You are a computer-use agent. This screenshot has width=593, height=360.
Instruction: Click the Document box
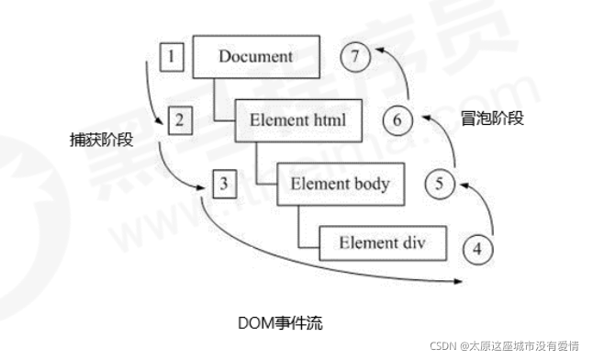(256, 56)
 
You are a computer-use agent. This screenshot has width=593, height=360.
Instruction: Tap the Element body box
(340, 184)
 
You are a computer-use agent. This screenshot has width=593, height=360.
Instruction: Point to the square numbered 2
(181, 120)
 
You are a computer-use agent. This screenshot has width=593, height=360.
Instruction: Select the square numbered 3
(224, 183)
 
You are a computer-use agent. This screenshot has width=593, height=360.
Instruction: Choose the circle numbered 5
(439, 184)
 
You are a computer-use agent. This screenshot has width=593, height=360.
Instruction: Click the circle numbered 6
(397, 120)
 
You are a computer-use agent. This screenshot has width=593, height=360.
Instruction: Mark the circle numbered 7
(355, 57)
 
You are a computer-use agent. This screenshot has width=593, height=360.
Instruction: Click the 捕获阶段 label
(100, 140)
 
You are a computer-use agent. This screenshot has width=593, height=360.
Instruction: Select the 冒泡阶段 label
(493, 118)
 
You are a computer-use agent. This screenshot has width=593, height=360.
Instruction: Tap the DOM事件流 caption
(279, 323)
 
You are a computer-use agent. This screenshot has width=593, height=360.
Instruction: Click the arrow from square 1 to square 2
(151, 92)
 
